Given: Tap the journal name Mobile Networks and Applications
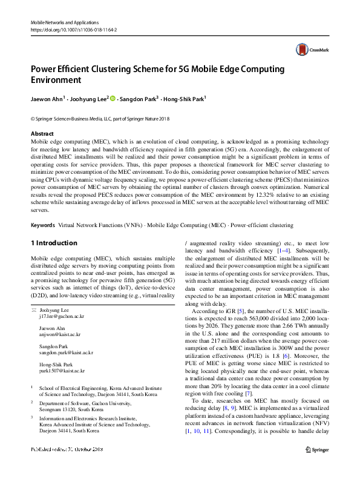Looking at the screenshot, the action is point(64,22).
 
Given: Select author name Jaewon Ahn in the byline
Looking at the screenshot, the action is point(47,98).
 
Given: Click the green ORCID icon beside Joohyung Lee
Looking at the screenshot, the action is point(113,97).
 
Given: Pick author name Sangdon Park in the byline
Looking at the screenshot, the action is point(137,98).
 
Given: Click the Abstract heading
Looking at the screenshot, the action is point(42,133).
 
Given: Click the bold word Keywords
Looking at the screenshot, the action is point(44,225).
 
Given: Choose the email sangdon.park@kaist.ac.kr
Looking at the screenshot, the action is point(66,352).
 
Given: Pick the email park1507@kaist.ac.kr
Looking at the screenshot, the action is point(62,370).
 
